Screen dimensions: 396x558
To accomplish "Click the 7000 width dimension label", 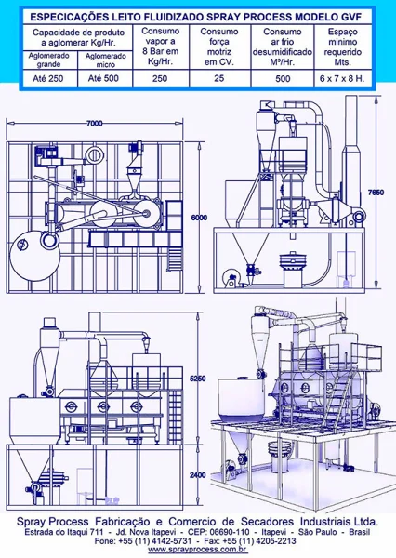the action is pos(95,123).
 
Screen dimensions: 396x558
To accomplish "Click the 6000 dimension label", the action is pos(199,218).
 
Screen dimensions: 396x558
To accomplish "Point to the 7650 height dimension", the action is pos(376,193).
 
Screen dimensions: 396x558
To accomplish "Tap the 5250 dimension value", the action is pos(197,379).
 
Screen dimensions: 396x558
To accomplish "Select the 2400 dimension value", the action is pos(197,474).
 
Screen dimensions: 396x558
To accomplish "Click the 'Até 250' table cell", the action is pos(48,79).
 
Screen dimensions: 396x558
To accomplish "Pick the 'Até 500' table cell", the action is pos(103,78).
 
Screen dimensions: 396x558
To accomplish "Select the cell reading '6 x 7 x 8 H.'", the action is pos(342,79).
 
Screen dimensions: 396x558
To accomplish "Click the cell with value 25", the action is pos(219,78).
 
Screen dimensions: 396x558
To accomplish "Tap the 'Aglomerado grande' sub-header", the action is pos(48,60).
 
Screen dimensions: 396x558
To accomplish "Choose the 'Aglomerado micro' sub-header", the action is pos(106,60).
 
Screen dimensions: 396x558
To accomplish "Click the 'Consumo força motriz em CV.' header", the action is pos(219,46).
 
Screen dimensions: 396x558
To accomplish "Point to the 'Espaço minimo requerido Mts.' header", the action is pos(343,47).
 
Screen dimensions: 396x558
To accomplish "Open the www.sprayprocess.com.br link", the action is pos(198,550).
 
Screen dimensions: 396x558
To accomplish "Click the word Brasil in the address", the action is pos(360,532).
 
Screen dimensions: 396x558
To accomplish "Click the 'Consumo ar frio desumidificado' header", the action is pos(283,47).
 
